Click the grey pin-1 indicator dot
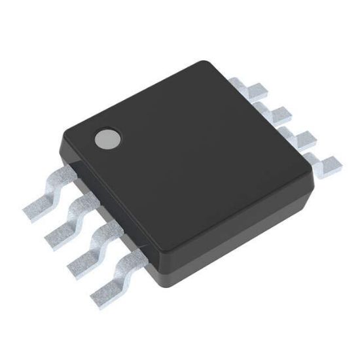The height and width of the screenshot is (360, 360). coord(107,138)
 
